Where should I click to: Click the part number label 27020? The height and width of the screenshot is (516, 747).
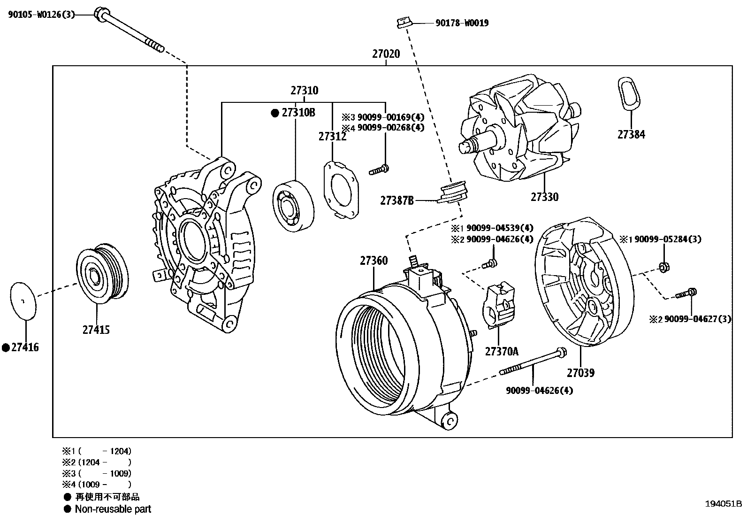pyautogui.click(x=386, y=54)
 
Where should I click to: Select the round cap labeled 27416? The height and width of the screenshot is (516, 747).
pyautogui.click(x=23, y=300)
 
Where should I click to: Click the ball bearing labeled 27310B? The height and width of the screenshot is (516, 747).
pyautogui.click(x=294, y=205)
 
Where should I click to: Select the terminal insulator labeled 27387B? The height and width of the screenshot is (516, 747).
pyautogui.click(x=451, y=193)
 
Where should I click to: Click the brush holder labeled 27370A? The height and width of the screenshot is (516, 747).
pyautogui.click(x=498, y=305)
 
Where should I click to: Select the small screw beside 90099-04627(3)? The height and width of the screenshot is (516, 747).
pyautogui.click(x=686, y=293)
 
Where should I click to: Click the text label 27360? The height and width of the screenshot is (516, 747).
pyautogui.click(x=374, y=261)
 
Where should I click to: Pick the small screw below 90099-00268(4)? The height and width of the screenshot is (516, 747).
pyautogui.click(x=379, y=169)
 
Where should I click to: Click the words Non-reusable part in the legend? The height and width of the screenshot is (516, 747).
pyautogui.click(x=113, y=509)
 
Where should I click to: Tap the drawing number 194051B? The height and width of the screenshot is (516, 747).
pyautogui.click(x=723, y=504)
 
